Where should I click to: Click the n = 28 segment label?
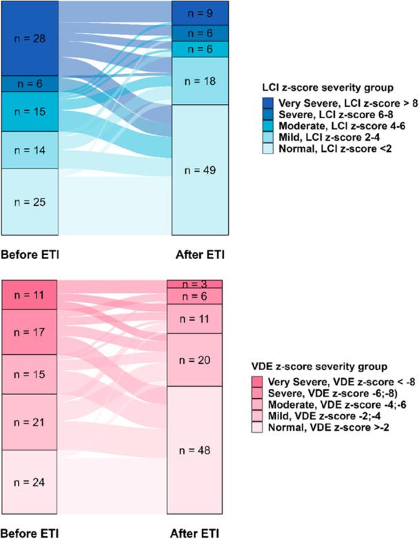pyautogui.click(x=29, y=39)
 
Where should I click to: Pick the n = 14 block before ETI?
pyautogui.click(x=29, y=150)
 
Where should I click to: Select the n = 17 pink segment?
pyautogui.click(x=29, y=332)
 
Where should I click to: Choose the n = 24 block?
pyautogui.click(x=29, y=482)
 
